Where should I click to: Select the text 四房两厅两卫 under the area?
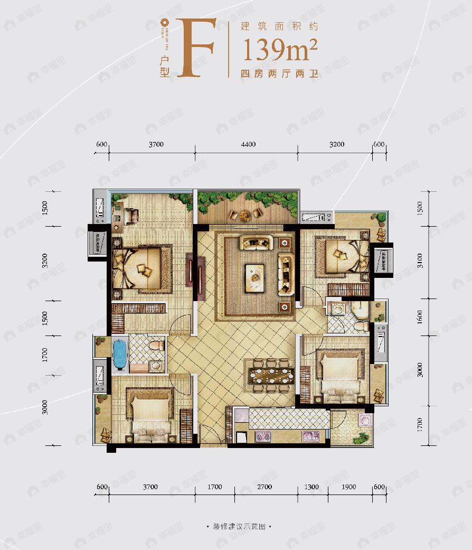coord(279,74)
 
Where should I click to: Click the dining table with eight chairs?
coord(270,376)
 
